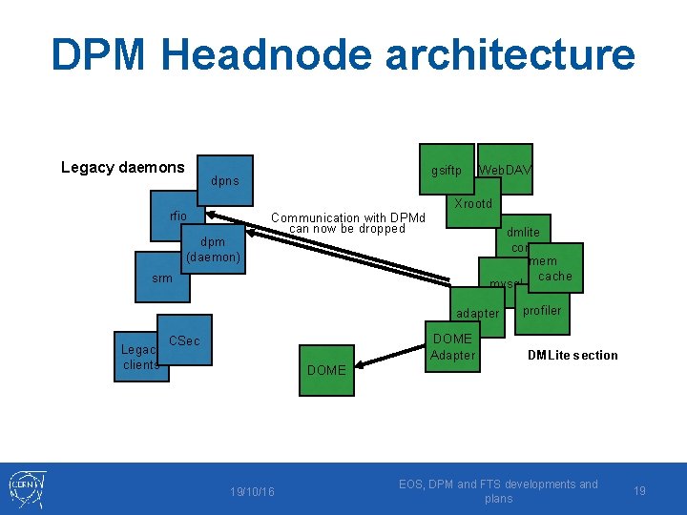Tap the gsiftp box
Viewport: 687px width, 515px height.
click(x=447, y=171)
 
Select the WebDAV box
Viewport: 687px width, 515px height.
click(x=506, y=171)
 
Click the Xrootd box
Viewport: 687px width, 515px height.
click(x=473, y=204)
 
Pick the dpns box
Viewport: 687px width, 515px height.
click(x=226, y=181)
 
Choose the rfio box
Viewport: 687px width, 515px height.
click(x=178, y=217)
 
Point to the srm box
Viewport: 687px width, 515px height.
click(x=162, y=278)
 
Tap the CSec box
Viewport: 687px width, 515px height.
click(x=184, y=340)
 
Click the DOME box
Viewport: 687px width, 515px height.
click(x=327, y=369)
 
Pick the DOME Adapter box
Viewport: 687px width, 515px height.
click(x=452, y=347)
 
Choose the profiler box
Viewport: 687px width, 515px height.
click(x=543, y=311)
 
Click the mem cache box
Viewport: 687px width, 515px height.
click(x=552, y=269)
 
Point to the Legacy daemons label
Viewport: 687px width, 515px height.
click(x=123, y=168)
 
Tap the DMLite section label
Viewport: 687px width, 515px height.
click(x=572, y=356)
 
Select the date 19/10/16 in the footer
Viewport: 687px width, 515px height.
click(x=252, y=491)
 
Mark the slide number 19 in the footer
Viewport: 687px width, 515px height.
click(x=640, y=491)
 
